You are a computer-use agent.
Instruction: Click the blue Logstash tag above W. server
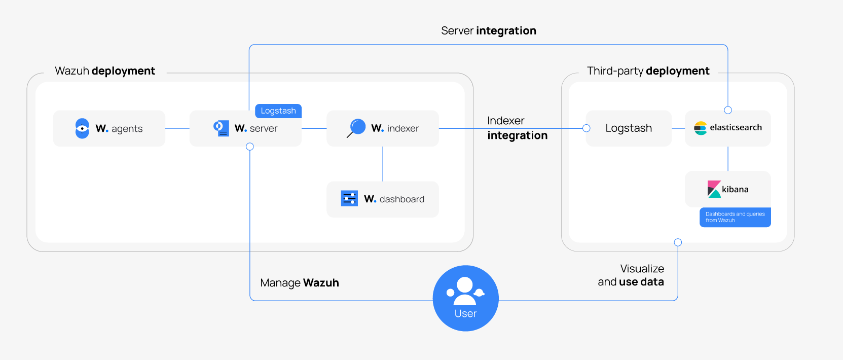click(278, 111)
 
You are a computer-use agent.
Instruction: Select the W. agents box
click(109, 128)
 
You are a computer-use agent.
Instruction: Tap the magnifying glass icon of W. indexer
click(357, 128)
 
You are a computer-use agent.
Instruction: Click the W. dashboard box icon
click(349, 199)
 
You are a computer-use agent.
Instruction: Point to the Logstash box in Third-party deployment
click(629, 128)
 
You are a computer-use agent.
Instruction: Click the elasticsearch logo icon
click(700, 128)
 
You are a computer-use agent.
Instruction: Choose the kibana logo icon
click(714, 189)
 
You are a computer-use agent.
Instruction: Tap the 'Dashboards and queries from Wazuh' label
click(735, 217)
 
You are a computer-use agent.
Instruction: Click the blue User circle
click(465, 298)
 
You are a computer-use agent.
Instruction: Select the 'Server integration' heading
click(488, 31)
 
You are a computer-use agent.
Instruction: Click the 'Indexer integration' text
click(517, 128)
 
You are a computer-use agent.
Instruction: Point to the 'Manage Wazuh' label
click(299, 283)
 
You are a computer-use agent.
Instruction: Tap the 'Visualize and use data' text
click(631, 275)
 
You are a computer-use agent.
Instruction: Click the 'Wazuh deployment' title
click(105, 71)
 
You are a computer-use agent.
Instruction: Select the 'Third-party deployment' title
click(648, 71)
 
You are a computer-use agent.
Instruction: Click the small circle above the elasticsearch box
click(728, 110)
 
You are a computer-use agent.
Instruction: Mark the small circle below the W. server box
click(250, 147)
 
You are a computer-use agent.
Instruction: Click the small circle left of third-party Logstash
click(587, 128)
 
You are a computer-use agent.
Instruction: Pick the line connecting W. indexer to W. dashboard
click(383, 164)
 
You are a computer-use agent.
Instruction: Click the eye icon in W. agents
click(82, 128)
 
